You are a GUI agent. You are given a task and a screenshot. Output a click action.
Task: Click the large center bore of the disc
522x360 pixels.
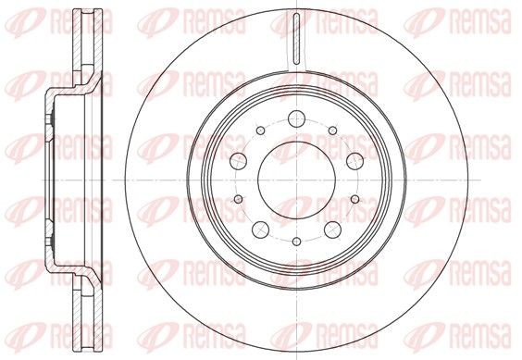coord(296,180)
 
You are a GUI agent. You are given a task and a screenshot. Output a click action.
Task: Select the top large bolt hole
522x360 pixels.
coord(296,118)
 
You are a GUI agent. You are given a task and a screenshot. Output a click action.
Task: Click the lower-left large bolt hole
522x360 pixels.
coord(261,230)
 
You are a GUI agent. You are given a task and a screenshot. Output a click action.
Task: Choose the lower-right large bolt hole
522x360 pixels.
coord(332,230)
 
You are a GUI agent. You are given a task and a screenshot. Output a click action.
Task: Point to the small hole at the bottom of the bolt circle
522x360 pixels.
coord(296,242)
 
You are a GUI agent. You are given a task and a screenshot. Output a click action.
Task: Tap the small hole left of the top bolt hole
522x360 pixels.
coord(261,130)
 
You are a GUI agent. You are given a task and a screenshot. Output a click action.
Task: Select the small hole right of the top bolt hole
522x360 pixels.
coord(332,130)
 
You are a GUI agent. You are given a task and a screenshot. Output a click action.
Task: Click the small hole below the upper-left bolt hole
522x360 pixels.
coord(239,199)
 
